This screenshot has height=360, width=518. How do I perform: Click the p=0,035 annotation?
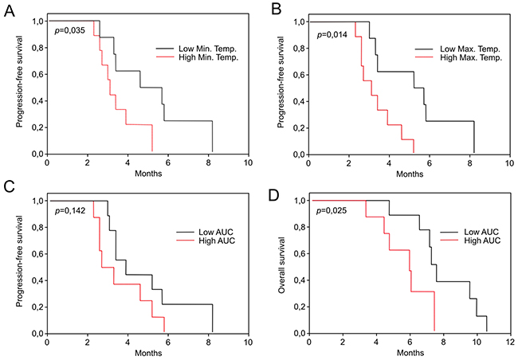pyautogui.click(x=69, y=29)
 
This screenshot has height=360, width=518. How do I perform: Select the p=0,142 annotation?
pyautogui.click(x=69, y=209)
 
